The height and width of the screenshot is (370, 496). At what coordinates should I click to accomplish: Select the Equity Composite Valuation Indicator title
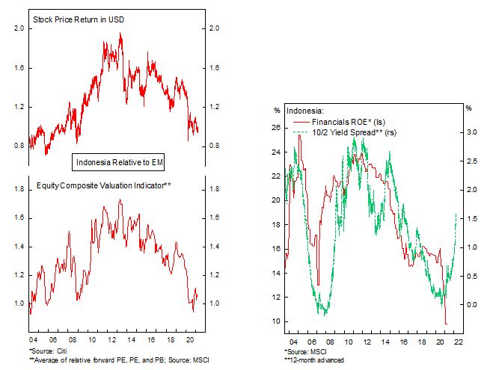[105, 185]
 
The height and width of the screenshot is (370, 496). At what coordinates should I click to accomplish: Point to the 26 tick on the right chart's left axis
[275, 128]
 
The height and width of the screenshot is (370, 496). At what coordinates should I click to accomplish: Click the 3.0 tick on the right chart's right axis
[471, 132]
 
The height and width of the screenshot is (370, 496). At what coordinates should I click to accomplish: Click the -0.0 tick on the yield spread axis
[471, 305]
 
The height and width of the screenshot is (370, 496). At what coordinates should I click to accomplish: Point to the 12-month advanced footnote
[314, 360]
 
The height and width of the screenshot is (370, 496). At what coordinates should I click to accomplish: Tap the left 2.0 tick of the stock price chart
[19, 29]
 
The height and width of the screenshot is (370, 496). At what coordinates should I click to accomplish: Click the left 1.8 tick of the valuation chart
[19, 190]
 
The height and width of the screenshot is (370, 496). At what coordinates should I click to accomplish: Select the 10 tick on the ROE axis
[275, 321]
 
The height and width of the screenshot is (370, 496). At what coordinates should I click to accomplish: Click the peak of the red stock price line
[121, 34]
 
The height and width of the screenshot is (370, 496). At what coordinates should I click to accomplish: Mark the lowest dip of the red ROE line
[447, 324]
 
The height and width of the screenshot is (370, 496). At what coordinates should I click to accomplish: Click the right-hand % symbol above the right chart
[468, 110]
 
